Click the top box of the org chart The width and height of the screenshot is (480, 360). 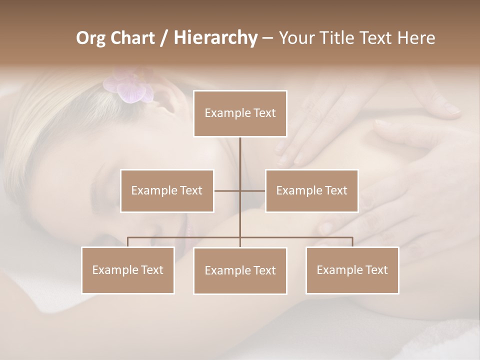[x=240, y=113]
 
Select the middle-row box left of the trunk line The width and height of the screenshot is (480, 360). [x=167, y=190]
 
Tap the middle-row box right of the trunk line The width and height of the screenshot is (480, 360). [x=311, y=190]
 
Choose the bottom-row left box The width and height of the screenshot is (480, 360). [x=128, y=270]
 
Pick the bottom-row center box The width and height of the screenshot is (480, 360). [x=240, y=270]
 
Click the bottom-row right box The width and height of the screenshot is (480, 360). [x=352, y=270]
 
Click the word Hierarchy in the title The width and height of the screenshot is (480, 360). [x=215, y=38]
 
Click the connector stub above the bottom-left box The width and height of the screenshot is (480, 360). [x=128, y=242]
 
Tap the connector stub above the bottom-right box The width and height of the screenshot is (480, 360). [x=352, y=242]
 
